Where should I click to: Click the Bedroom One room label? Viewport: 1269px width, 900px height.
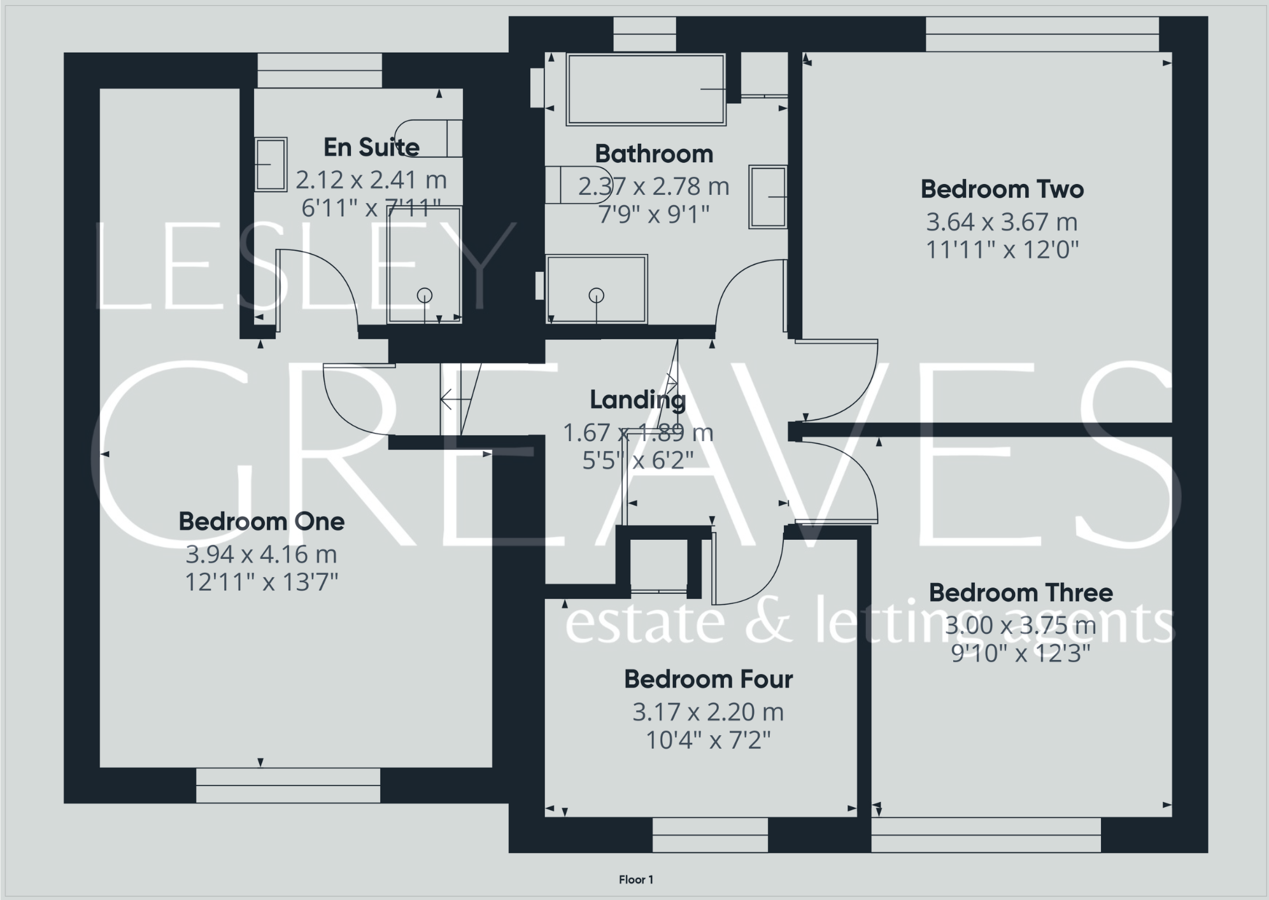(261, 522)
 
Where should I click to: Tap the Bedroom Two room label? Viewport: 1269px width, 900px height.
(1002, 190)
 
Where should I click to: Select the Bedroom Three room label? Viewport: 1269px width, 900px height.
(1020, 593)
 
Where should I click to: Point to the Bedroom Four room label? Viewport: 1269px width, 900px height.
(708, 680)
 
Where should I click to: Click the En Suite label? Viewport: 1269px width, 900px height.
(371, 148)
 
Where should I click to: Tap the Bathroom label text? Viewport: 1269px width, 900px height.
(653, 154)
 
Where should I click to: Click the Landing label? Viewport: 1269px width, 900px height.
(637, 400)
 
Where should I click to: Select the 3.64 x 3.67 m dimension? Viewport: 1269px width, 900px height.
(1002, 222)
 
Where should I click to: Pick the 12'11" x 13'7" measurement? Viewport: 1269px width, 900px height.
(261, 582)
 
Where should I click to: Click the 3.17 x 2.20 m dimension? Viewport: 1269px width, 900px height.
(708, 712)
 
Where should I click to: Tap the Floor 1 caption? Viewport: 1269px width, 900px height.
(635, 880)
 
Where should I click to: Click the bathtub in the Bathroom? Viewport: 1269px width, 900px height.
(646, 89)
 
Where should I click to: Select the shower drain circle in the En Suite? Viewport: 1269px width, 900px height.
(425, 295)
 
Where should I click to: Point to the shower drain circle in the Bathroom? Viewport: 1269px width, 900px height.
(596, 295)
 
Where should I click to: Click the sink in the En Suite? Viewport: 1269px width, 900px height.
(271, 164)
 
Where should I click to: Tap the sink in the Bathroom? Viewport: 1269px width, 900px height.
(767, 197)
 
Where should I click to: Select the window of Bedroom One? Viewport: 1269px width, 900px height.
(288, 785)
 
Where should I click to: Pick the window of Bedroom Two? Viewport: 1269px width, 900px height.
(1042, 34)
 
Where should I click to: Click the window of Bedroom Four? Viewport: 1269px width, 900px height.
(710, 834)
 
